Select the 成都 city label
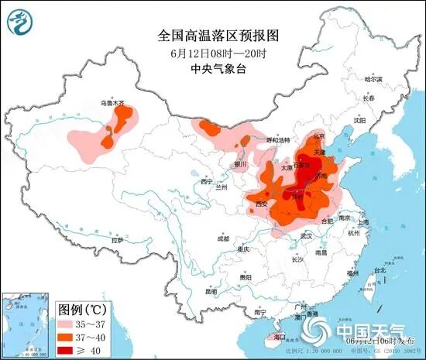click(223, 238)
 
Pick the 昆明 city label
click(211, 292)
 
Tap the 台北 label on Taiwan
click(380, 270)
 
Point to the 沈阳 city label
click(359, 120)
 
